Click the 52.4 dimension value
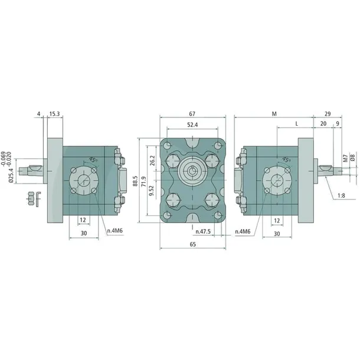[192, 125]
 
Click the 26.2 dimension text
[152, 161]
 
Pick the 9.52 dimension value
[152, 190]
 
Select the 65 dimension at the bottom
[192, 243]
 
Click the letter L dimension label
[296, 125]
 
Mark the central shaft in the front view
[193, 172]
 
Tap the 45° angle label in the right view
[286, 159]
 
